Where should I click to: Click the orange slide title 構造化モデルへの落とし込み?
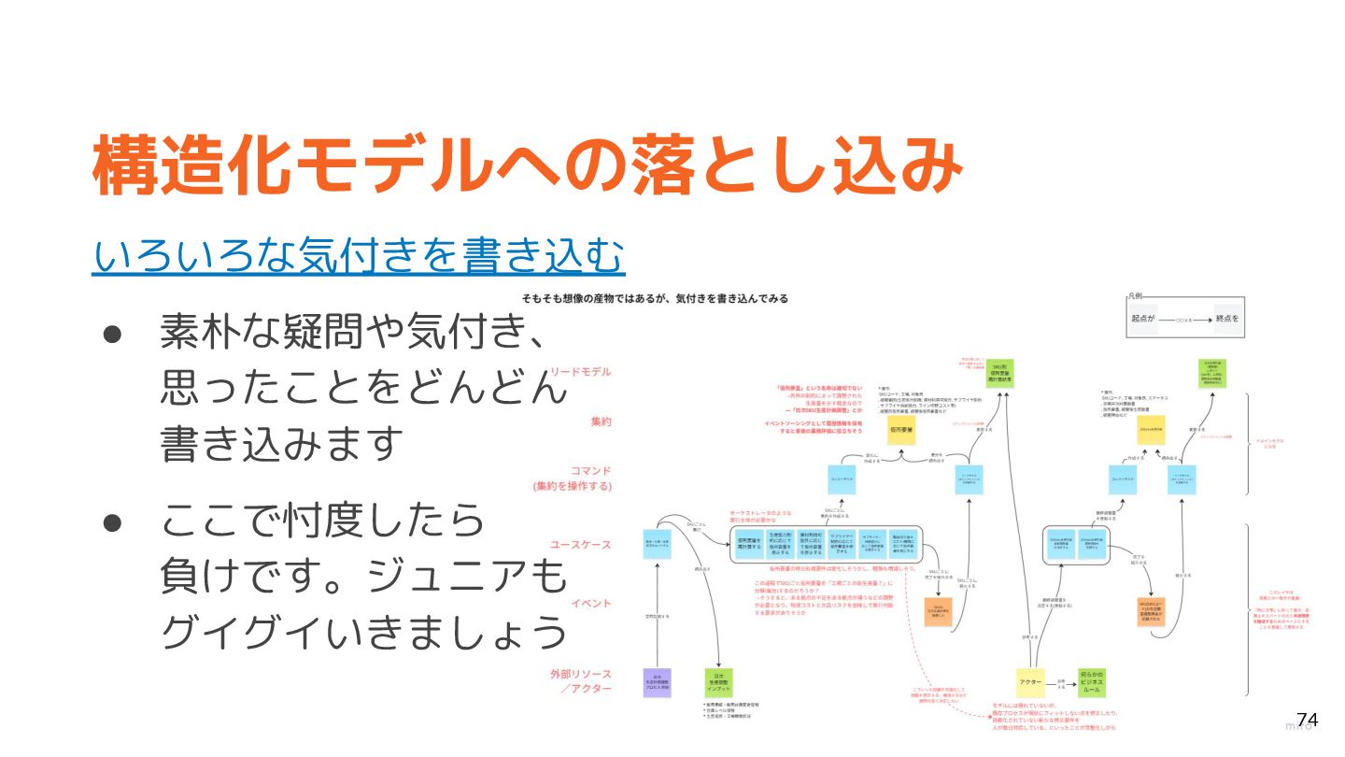528,165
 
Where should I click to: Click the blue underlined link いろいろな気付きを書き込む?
358,254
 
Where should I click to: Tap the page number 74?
1307,720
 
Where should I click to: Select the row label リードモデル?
580,372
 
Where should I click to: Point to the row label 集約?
600,421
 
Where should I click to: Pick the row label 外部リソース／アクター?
580,680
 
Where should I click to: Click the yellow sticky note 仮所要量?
902,430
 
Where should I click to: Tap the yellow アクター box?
1030,682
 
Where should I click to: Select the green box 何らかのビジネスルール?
1091,682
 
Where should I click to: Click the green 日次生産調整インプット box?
718,682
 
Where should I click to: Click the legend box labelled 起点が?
1144,320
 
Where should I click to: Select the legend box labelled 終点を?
1228,320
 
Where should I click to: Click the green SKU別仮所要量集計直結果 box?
998,375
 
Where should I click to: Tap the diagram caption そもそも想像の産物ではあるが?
655,299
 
